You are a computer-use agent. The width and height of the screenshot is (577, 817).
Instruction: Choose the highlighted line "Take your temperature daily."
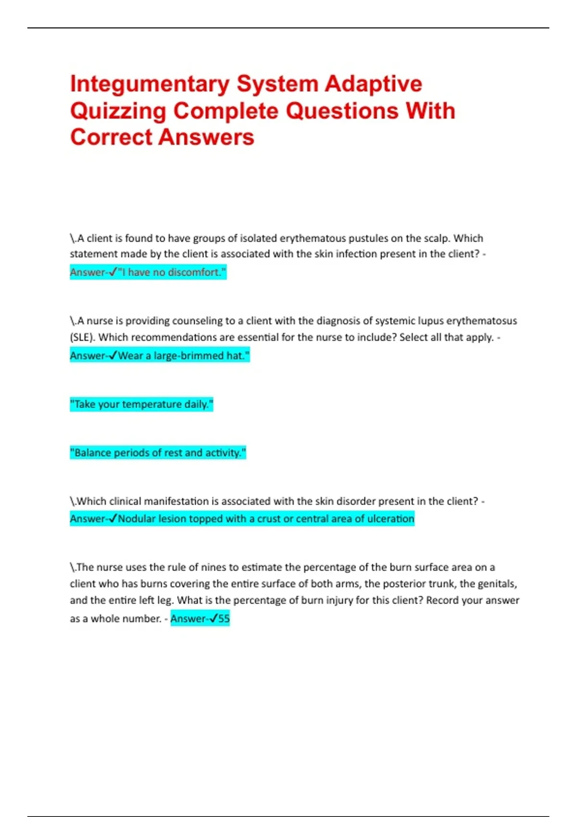(x=141, y=405)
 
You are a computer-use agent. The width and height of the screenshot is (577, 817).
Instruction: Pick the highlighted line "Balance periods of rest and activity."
(x=158, y=453)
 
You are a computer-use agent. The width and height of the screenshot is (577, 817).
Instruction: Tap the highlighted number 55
(x=224, y=619)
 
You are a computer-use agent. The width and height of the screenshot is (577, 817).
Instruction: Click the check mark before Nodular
(x=113, y=519)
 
